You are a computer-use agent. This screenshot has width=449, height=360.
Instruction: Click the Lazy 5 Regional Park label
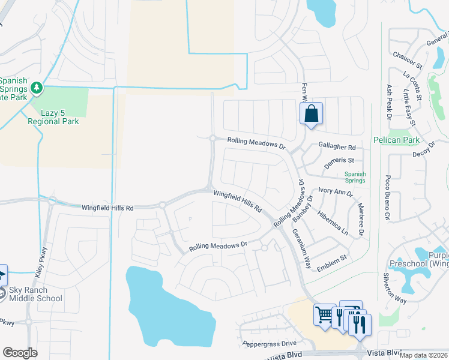pyautogui.click(x=53, y=116)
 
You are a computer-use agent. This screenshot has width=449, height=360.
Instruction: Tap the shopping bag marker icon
pyautogui.click(x=311, y=114)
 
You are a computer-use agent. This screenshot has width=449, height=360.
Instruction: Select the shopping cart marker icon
pyautogui.click(x=324, y=315)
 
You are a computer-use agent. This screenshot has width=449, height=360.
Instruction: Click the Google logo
pyautogui.click(x=20, y=352)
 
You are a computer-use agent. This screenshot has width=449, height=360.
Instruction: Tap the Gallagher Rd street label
pyautogui.click(x=337, y=147)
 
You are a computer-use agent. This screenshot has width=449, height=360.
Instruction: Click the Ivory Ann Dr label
pyautogui.click(x=336, y=191)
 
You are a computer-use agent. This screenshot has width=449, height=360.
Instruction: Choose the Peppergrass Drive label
pyautogui.click(x=270, y=344)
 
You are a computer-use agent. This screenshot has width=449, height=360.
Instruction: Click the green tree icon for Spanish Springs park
pyautogui.click(x=37, y=89)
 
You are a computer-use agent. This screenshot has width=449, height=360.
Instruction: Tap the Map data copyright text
pyautogui.click(x=423, y=355)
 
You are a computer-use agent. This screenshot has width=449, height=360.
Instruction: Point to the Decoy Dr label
pyautogui.click(x=423, y=149)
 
